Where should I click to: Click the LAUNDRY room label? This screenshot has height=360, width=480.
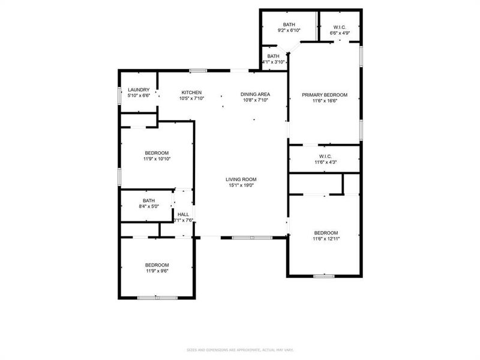click(x=138, y=90)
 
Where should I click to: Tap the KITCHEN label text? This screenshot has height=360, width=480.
click(x=192, y=93)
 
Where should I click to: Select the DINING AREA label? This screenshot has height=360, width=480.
click(x=255, y=94)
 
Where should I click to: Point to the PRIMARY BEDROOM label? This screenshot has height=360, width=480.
click(x=325, y=95)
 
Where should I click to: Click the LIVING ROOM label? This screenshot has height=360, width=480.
click(x=241, y=179)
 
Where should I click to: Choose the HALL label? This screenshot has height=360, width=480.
click(x=184, y=214)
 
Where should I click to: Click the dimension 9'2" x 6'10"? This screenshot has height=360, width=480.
click(x=289, y=30)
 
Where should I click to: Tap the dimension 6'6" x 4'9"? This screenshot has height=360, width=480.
click(x=340, y=33)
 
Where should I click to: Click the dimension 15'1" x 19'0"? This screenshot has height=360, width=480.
click(x=241, y=185)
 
